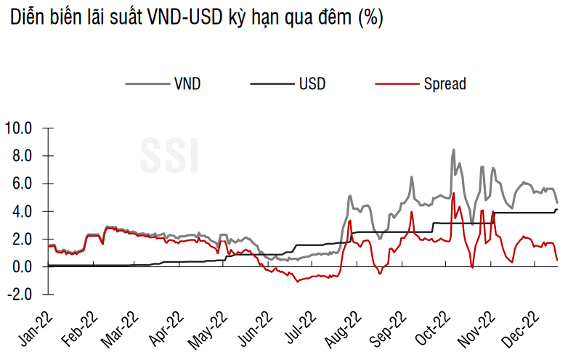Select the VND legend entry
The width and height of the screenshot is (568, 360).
[x=187, y=83]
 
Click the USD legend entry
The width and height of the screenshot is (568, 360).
[x=312, y=83]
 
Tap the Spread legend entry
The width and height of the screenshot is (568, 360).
[x=445, y=83]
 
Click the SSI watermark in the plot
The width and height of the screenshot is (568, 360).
[x=169, y=155]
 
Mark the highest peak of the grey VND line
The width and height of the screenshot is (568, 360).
[x=453, y=150]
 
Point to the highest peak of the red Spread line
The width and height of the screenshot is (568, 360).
[x=453, y=194]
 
